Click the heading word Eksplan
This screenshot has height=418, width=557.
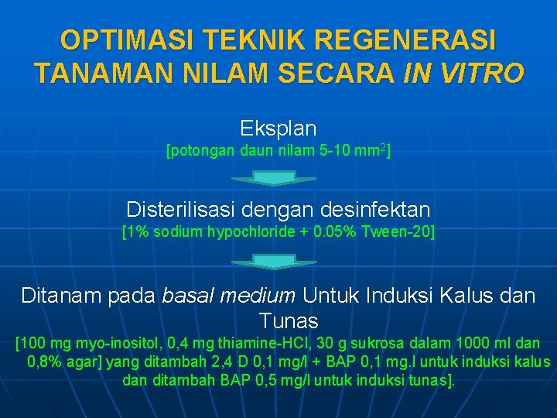pos(278,128)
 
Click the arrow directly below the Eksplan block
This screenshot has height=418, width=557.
pos(275,178)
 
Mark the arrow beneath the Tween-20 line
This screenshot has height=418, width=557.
pos(275,262)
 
